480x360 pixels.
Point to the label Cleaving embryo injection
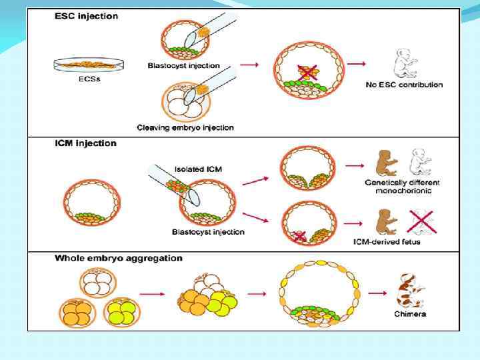pyautogui.click(x=185, y=127)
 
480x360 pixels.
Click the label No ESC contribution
pyautogui.click(x=404, y=85)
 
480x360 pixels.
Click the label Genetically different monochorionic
pyautogui.click(x=402, y=187)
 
